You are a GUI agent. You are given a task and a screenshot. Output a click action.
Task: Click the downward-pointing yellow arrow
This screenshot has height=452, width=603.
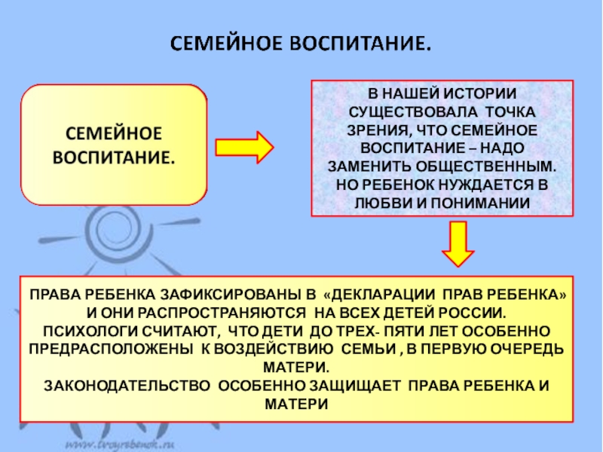coord(457,243)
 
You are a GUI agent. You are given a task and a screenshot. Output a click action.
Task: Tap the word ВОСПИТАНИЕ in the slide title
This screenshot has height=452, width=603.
coord(364,41)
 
